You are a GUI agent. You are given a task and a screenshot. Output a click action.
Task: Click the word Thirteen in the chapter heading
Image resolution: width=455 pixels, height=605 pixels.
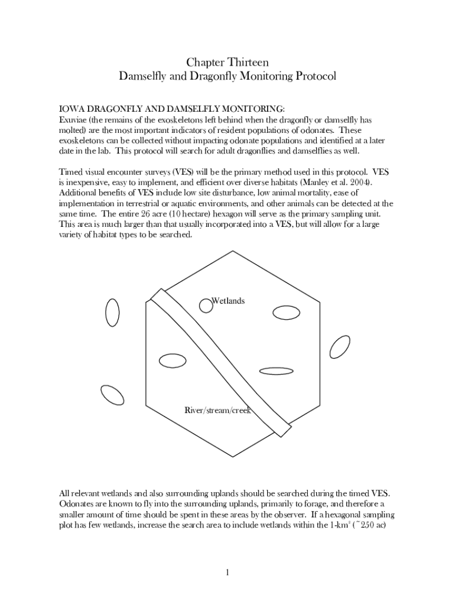[248, 62]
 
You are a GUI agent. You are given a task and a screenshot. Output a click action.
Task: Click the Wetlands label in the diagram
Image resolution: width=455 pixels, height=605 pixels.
[228, 301]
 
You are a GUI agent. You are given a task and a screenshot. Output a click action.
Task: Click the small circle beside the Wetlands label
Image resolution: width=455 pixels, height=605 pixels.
[205, 305]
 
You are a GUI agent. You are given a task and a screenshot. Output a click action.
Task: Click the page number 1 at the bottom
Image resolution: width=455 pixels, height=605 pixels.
[227, 572]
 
